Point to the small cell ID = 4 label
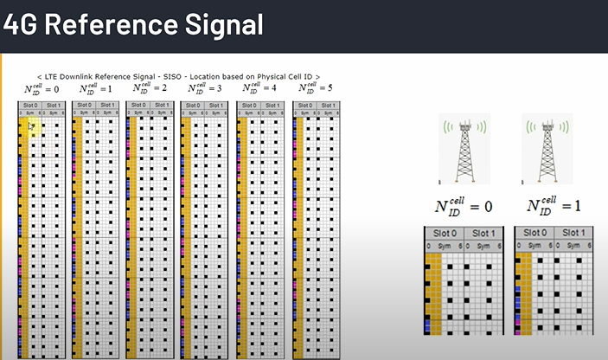(259, 88)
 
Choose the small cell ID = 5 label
(315, 88)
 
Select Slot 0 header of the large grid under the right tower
(534, 234)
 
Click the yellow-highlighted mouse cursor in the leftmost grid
(30, 126)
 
